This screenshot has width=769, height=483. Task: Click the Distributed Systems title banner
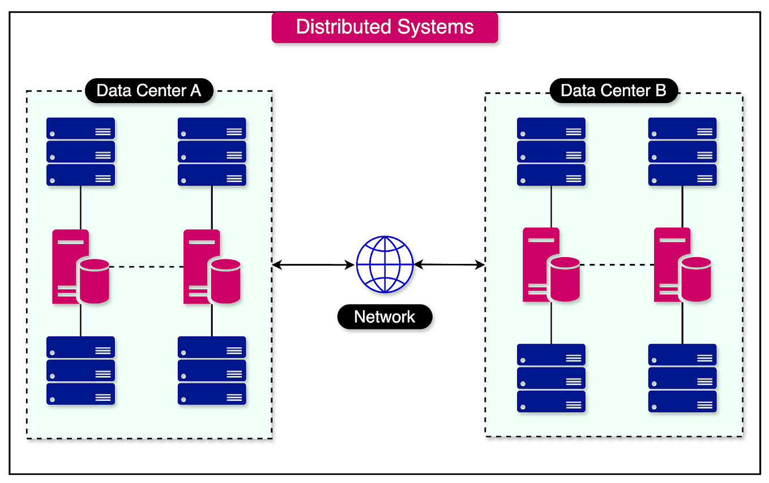(384, 27)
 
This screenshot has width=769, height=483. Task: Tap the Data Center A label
(148, 91)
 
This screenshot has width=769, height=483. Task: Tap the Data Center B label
(613, 91)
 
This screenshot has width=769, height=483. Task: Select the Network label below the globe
(384, 317)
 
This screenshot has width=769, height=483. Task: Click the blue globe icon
(384, 264)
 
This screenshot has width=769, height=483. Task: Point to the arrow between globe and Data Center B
(450, 264)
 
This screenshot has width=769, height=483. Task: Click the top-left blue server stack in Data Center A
(80, 152)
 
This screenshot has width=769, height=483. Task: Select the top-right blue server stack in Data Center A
(212, 152)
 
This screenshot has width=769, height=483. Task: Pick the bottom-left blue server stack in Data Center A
(80, 371)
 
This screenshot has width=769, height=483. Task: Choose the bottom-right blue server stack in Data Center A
(212, 371)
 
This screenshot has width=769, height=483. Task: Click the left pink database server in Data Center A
(79, 267)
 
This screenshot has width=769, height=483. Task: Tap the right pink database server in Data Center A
(211, 267)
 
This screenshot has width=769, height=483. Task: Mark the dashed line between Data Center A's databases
(146, 267)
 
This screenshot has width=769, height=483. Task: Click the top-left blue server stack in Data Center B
(551, 152)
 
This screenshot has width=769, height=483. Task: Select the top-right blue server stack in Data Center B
(682, 152)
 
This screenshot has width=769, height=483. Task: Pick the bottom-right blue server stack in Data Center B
(682, 378)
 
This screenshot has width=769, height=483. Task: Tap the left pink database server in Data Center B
(550, 265)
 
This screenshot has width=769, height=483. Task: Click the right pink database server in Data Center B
(681, 265)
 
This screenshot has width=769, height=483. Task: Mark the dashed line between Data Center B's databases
(617, 265)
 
